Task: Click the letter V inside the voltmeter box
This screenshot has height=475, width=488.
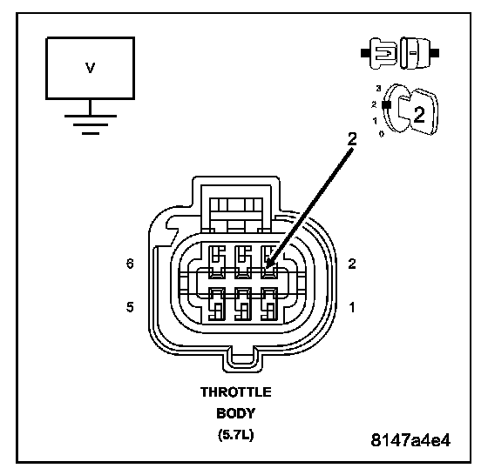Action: (91, 68)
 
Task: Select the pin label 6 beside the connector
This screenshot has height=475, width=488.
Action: (130, 264)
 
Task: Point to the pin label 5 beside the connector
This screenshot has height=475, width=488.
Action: (130, 307)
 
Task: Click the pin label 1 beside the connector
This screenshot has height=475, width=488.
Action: (352, 308)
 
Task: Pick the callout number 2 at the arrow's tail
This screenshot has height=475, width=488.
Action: (352, 139)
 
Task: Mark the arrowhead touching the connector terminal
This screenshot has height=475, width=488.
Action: (269, 263)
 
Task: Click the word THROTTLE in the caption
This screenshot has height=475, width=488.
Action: (236, 392)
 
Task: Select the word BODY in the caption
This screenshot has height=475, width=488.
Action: (235, 413)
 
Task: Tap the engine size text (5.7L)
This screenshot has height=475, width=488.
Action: (235, 435)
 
